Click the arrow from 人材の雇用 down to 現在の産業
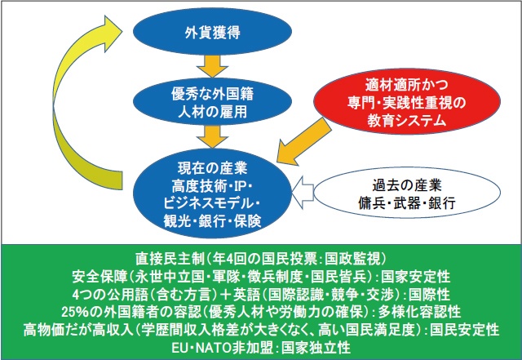pos(206,134)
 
